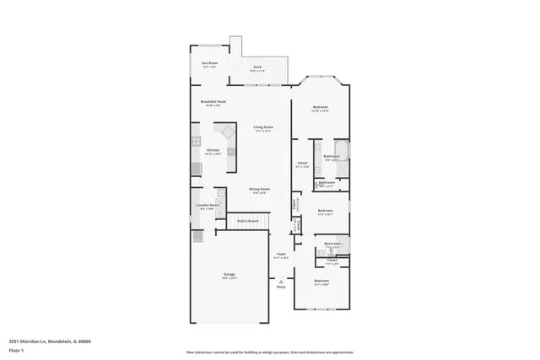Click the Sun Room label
tap(209, 65)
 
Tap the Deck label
tap(257, 68)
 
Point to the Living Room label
tap(262, 129)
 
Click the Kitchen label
tap(213, 152)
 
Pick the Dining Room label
tap(259, 191)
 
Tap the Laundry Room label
tap(208, 206)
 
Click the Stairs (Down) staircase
tap(246, 221)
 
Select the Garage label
tap(229, 276)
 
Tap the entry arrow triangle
tap(282, 279)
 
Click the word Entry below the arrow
tap(282, 287)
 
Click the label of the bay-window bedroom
tap(321, 109)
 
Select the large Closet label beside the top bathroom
tap(302, 164)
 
